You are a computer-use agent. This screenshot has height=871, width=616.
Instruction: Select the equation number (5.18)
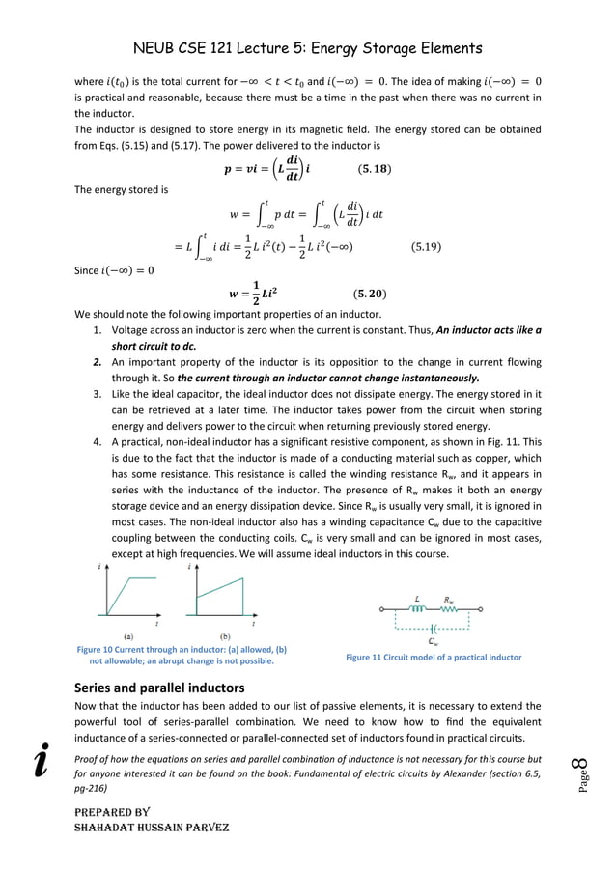coord(375,170)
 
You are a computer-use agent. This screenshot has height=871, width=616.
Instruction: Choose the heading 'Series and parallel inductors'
coord(159,688)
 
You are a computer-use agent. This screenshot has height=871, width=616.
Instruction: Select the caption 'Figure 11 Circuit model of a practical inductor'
coord(433,658)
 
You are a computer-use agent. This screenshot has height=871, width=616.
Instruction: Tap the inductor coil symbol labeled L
coord(418,609)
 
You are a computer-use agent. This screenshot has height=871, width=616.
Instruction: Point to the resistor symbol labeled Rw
coord(451,609)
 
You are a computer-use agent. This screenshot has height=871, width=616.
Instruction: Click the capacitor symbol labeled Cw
coord(434,628)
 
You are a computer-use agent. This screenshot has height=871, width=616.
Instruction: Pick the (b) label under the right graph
coord(225,636)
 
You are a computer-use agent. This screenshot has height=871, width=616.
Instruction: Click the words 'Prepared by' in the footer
coord(111,813)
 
